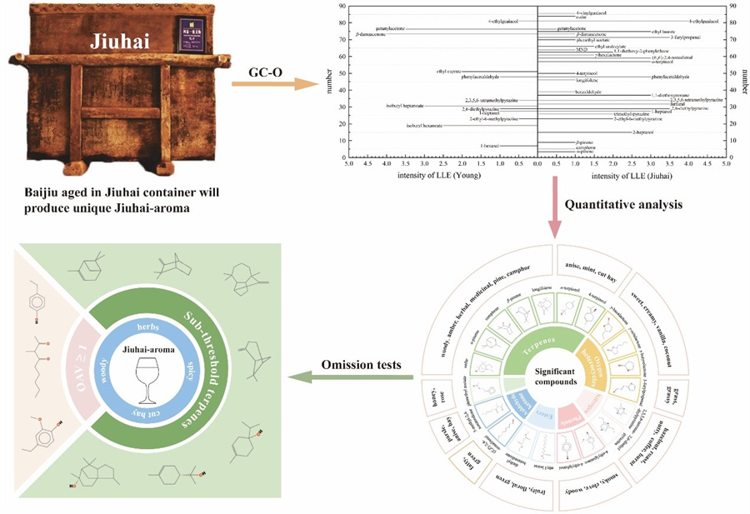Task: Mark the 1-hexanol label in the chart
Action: [490, 146]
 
